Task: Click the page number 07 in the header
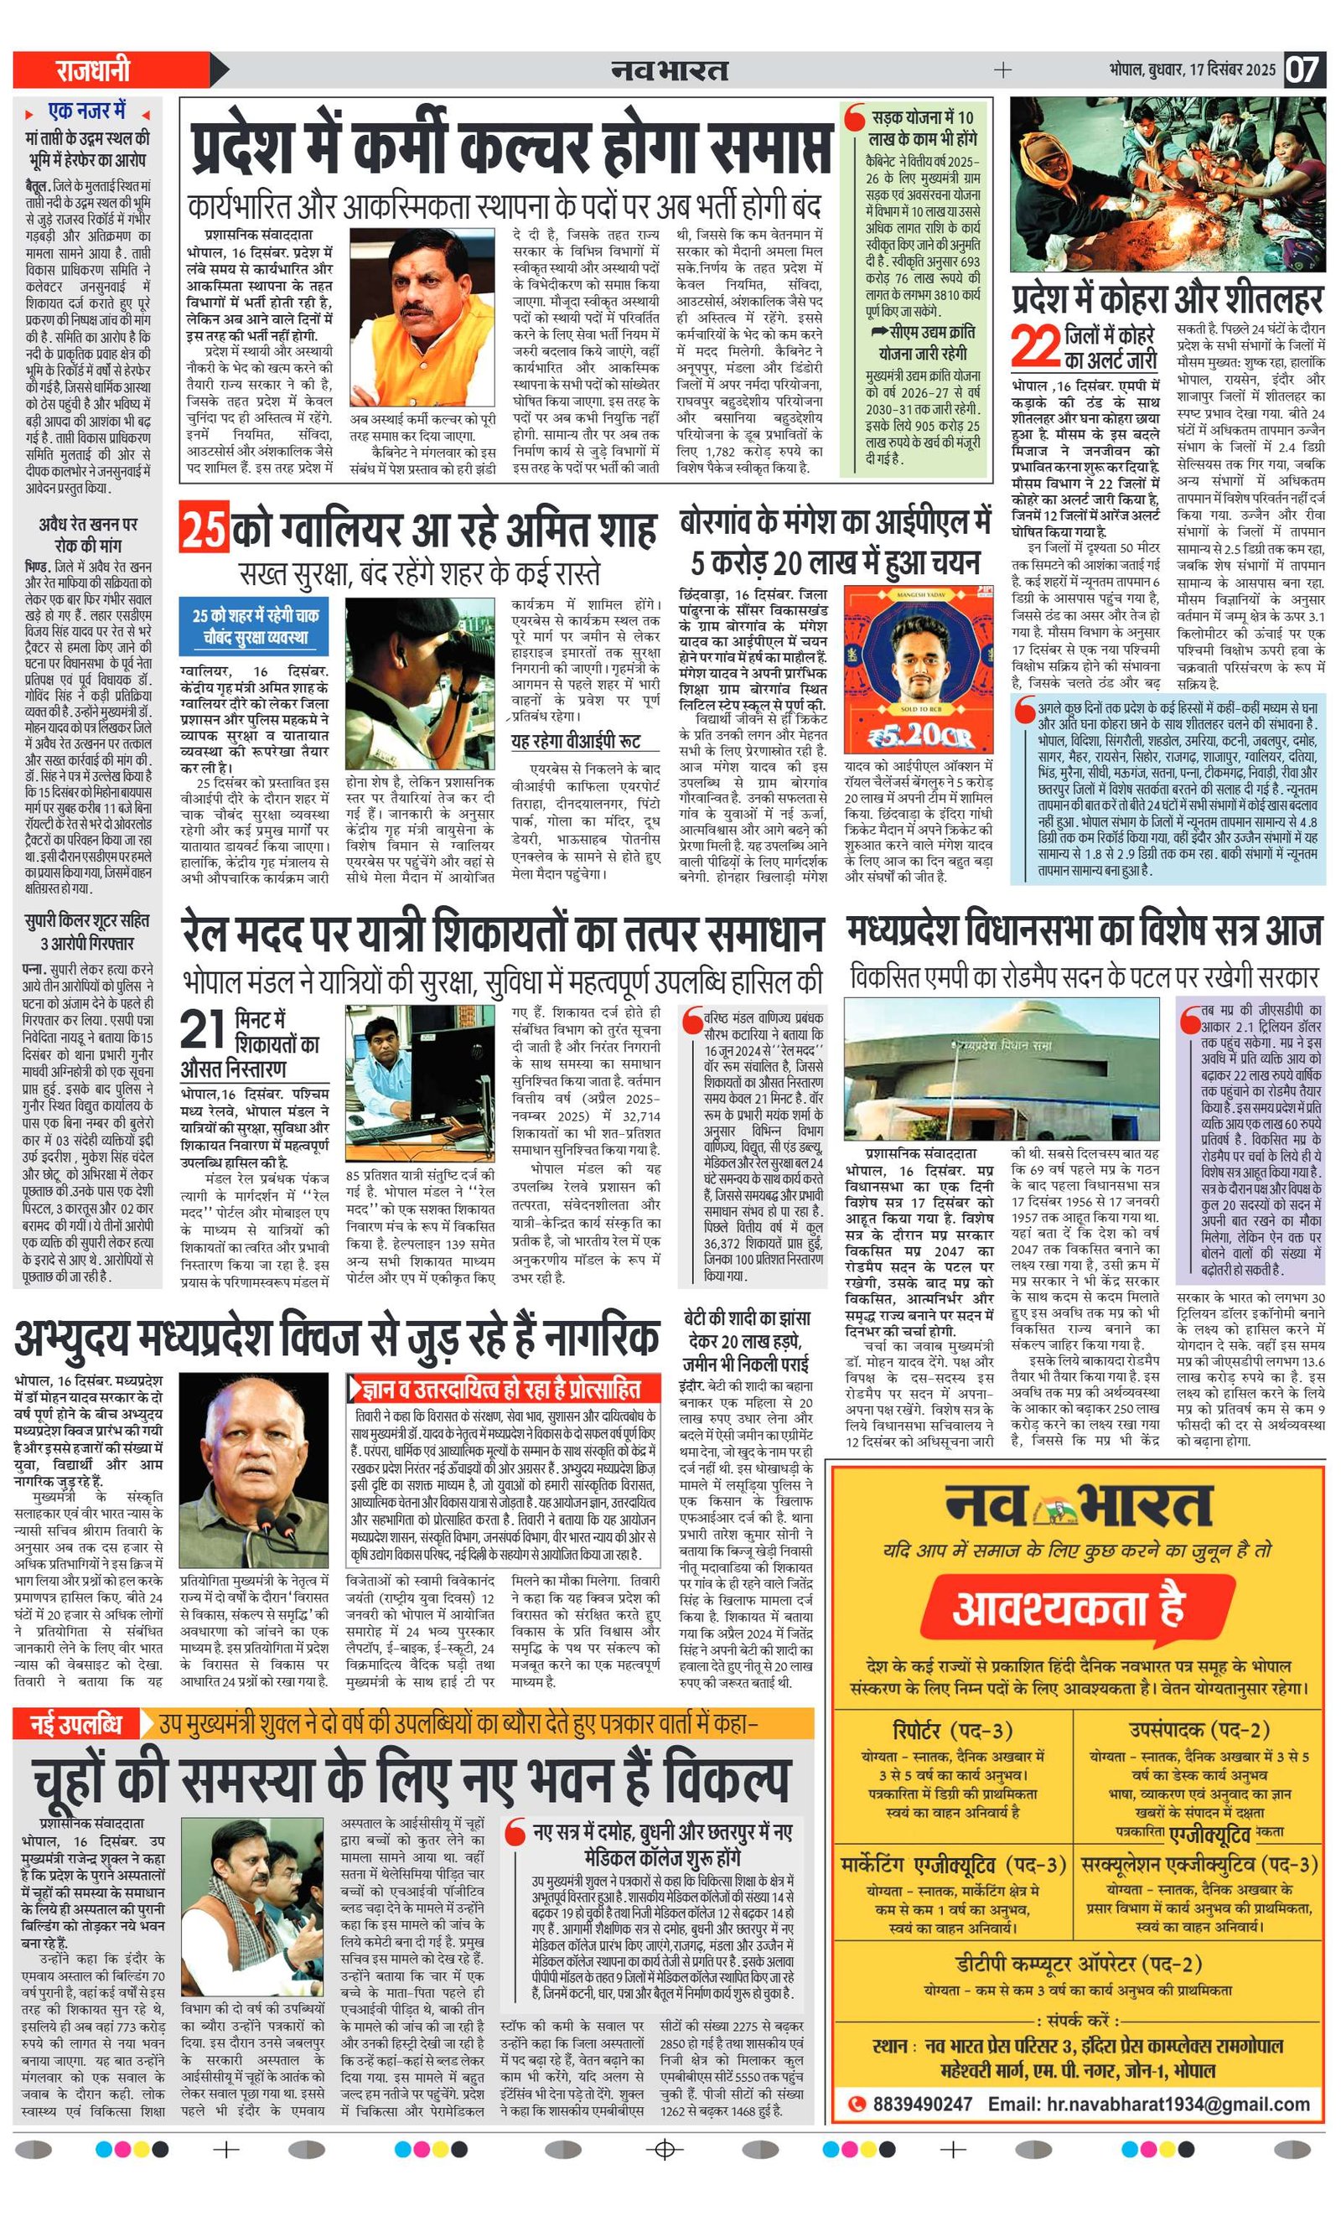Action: [1302, 70]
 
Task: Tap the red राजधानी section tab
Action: [94, 70]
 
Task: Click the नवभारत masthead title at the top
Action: [668, 70]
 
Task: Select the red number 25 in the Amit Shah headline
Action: [204, 529]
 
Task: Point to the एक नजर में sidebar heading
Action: [87, 112]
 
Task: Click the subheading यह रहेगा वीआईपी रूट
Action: [576, 742]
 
